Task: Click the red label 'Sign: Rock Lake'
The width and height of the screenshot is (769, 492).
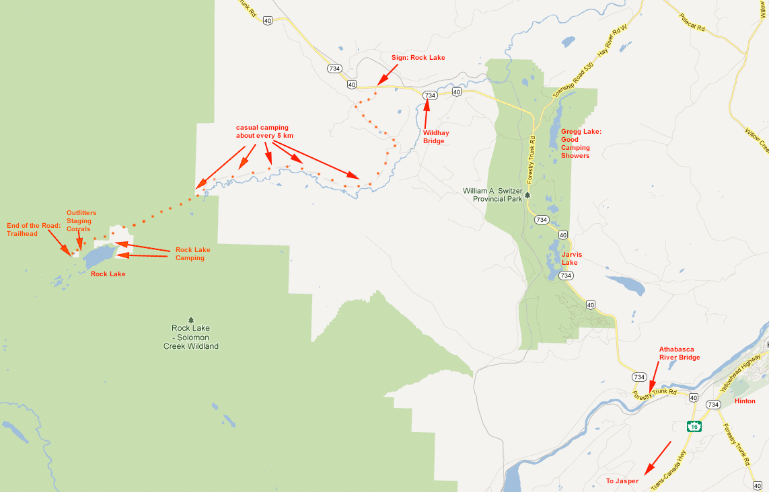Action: coord(418,58)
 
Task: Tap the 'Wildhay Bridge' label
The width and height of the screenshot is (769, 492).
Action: coord(435,136)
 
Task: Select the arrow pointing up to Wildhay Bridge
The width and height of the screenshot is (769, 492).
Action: coord(426,114)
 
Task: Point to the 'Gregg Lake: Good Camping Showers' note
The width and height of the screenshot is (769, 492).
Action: coord(575,144)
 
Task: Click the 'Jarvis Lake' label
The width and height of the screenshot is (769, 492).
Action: coord(570,258)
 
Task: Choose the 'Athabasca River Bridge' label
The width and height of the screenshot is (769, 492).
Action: coord(680,354)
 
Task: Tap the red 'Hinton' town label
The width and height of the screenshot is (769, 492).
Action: coord(745,401)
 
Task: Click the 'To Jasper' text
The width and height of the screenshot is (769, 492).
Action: coord(622,481)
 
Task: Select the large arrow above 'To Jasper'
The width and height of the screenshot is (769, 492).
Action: coord(658,458)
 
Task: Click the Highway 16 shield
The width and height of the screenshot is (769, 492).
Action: coord(694,426)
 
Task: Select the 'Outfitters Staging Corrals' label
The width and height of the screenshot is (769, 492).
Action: coord(81,220)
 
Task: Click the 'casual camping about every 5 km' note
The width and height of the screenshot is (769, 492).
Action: coord(264,131)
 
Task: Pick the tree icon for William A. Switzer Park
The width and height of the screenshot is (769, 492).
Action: coord(527,195)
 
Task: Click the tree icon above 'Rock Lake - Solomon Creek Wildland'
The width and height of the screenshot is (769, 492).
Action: coord(190,319)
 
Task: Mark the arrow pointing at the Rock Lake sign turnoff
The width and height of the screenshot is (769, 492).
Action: coord(386,75)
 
